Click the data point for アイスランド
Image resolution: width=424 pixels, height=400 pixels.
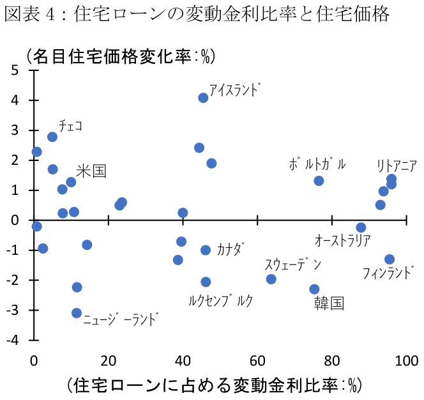(x=203, y=98)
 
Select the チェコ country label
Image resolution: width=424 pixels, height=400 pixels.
(x=70, y=125)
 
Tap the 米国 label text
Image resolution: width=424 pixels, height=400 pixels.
(x=91, y=171)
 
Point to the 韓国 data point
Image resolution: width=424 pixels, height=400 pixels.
(x=314, y=289)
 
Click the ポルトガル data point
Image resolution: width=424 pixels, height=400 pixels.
(x=319, y=181)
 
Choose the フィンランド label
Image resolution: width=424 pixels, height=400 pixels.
(x=388, y=273)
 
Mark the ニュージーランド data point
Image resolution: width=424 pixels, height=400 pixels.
(x=77, y=313)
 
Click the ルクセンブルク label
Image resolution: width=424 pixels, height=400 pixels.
(x=221, y=300)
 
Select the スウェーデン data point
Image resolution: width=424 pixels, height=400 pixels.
(x=271, y=279)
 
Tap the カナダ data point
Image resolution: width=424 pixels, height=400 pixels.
(x=206, y=250)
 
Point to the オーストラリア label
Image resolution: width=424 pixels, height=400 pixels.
(x=343, y=240)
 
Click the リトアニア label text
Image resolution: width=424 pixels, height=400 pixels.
(x=397, y=165)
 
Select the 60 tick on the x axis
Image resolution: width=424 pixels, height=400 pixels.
(x=257, y=360)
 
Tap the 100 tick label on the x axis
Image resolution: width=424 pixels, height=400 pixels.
(x=406, y=360)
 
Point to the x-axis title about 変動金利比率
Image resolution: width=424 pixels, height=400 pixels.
(x=214, y=385)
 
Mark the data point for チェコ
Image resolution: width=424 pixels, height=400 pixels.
(x=52, y=137)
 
